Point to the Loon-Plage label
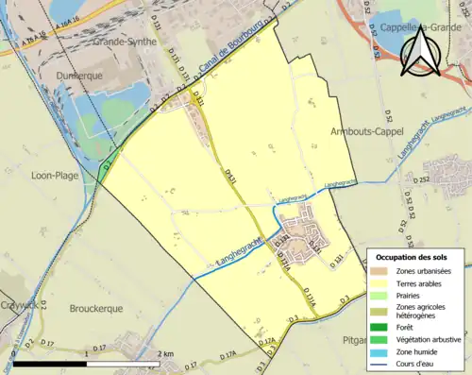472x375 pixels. [x=54, y=175]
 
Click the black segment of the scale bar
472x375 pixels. [x=49, y=364]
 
